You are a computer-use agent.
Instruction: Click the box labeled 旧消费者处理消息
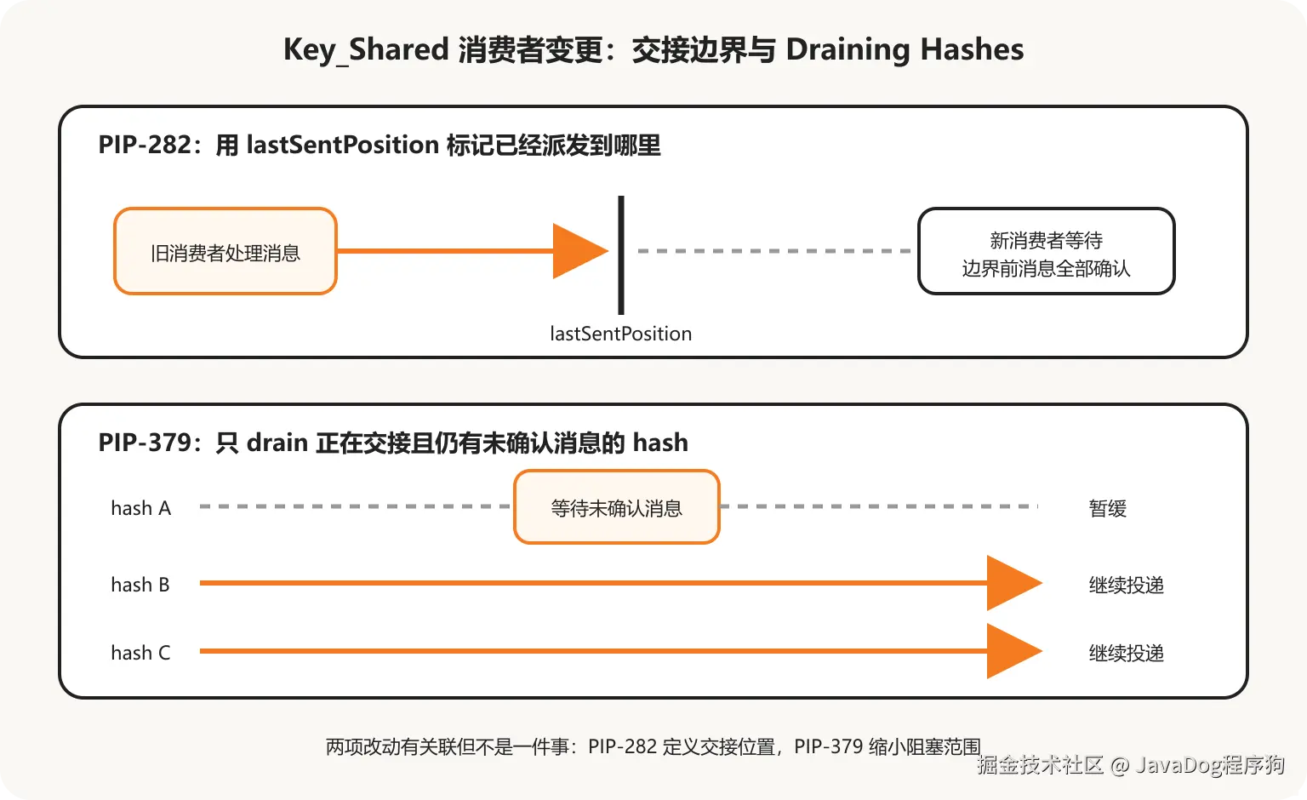coord(225,251)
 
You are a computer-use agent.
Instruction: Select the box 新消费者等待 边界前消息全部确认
coord(1046,251)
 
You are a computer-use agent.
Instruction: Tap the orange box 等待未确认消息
coord(617,506)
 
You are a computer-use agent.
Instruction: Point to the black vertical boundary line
coord(621,255)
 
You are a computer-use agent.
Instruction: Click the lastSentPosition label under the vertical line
coord(621,334)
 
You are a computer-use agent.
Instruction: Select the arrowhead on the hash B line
coord(1014,583)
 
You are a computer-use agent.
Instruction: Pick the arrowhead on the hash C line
coord(1014,651)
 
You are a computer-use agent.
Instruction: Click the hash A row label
coord(141,508)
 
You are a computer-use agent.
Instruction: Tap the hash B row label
coord(140,585)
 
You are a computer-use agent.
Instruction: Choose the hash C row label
coord(141,653)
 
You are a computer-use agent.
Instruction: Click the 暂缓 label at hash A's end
coord(1107,508)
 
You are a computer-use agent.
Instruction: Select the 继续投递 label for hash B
coord(1126,585)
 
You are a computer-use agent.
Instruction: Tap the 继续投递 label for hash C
coord(1126,653)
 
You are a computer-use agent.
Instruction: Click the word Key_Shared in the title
coord(366,50)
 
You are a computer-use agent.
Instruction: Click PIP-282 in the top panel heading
coord(145,145)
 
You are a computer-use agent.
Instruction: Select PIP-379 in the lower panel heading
coord(145,443)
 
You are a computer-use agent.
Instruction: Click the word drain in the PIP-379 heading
coord(277,443)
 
